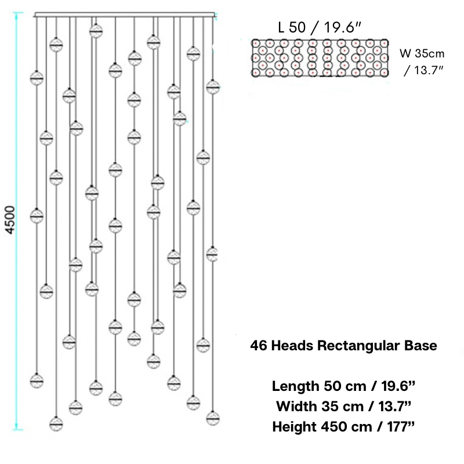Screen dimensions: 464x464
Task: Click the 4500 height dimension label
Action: point(10,220)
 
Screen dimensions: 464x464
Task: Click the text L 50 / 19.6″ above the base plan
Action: point(320,27)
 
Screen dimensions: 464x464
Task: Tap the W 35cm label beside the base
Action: point(422,53)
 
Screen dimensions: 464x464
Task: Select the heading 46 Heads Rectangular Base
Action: point(343,345)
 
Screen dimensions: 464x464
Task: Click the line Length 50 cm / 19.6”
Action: point(343,386)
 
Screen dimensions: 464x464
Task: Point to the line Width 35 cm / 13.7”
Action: point(343,407)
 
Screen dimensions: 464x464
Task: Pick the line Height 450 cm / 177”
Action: point(343,427)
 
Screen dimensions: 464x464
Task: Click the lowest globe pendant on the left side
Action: point(56,424)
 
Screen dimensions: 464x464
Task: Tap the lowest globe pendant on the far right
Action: point(213,418)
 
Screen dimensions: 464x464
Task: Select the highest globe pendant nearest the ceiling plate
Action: point(96,31)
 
